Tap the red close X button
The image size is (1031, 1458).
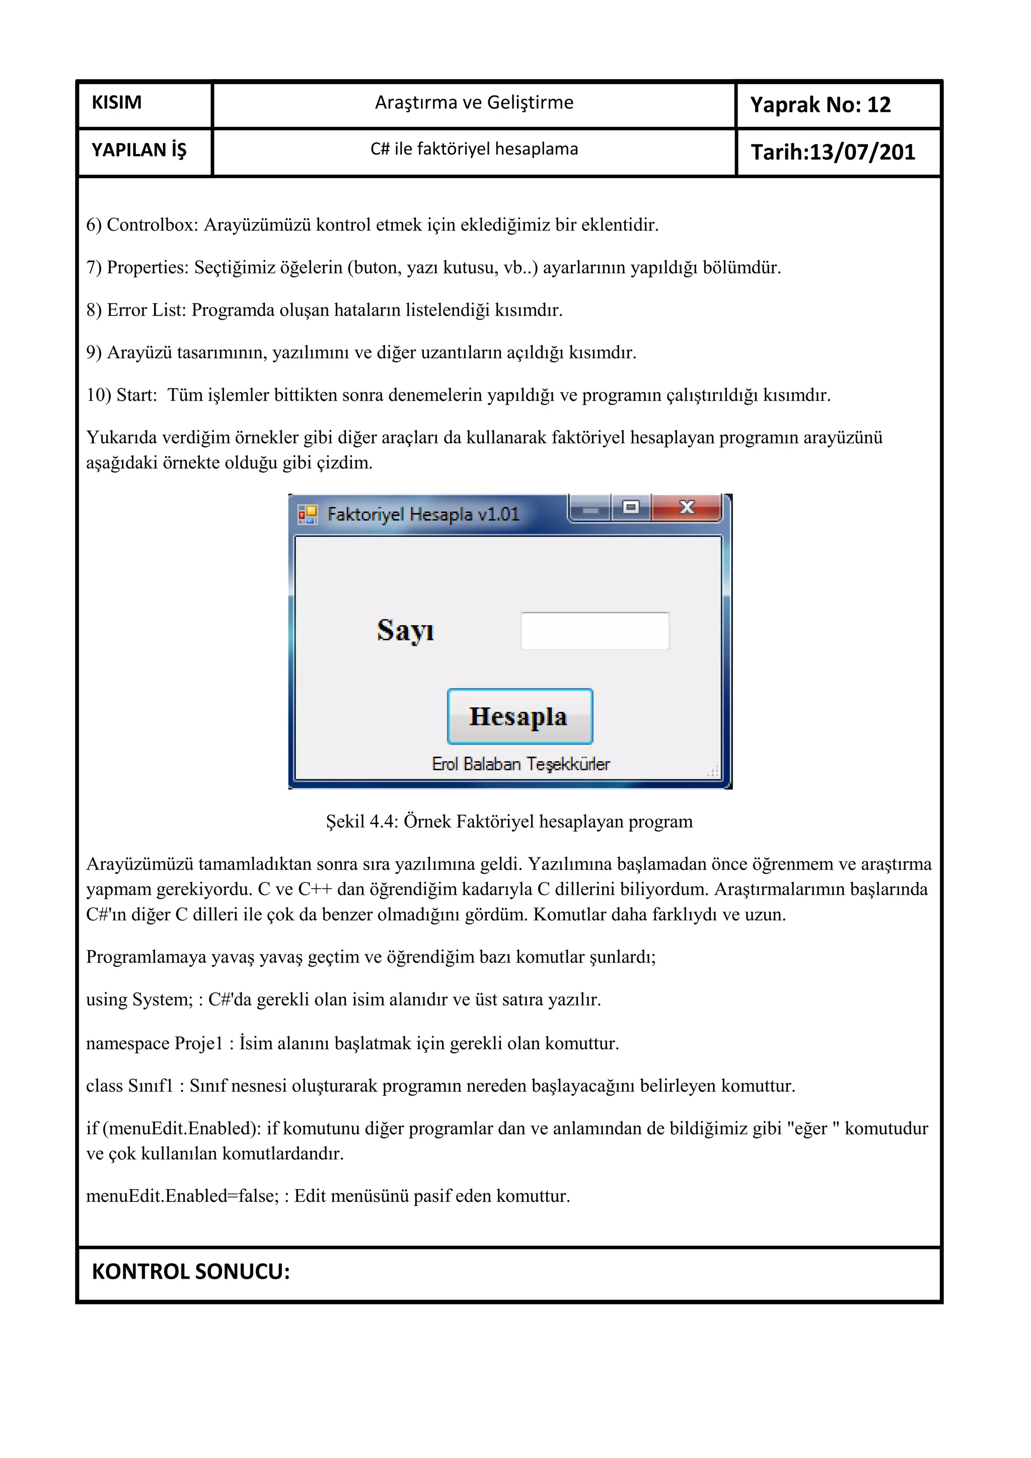pos(686,507)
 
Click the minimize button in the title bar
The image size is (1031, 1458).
pos(591,508)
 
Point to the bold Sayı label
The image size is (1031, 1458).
pos(405,630)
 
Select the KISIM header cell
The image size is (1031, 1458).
pos(117,102)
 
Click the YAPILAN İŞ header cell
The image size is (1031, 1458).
pos(139,151)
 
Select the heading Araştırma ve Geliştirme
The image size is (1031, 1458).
pos(474,102)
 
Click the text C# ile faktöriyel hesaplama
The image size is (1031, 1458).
pos(474,149)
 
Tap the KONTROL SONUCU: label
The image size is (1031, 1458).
pos(190,1271)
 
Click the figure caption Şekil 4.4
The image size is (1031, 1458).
pos(508,822)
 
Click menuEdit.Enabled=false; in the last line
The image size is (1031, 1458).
pos(182,1196)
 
